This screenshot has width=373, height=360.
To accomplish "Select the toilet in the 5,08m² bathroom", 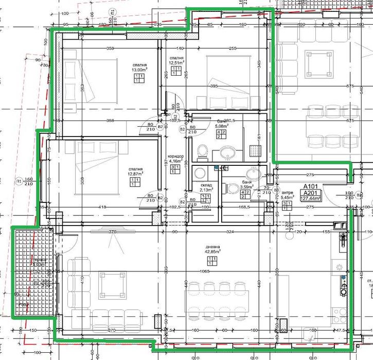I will pyautogui.click(x=202, y=151).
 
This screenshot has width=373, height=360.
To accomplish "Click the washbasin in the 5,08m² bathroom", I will pyautogui.click(x=228, y=152).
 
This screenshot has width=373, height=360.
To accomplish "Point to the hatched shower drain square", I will pyautogui.click(x=255, y=150).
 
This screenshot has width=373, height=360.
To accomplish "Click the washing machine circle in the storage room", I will pyautogui.click(x=200, y=172).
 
